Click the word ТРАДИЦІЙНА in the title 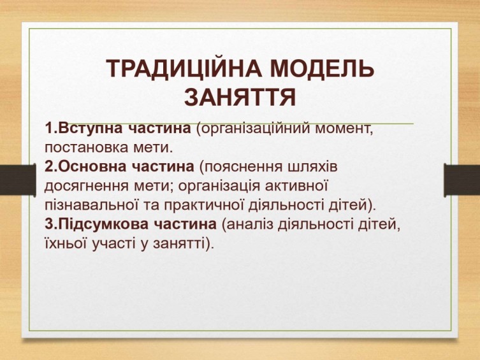(x=184, y=69)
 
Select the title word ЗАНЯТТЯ (x=240, y=97)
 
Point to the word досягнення (x=86, y=186)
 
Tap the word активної (x=296, y=185)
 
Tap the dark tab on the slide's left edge (x=18, y=180)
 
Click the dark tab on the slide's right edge (x=462, y=180)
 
